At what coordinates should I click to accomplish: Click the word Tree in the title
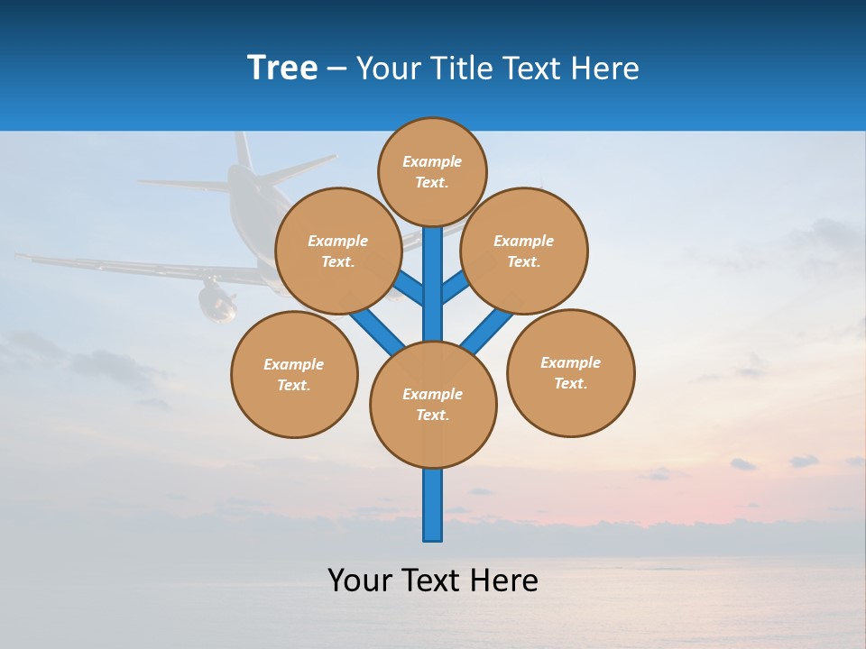pyautogui.click(x=282, y=69)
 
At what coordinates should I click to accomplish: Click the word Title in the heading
pyautogui.click(x=463, y=69)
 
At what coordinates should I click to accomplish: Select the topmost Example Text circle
pyautogui.click(x=432, y=171)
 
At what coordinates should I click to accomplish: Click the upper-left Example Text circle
pyautogui.click(x=338, y=251)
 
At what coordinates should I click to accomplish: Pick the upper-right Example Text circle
pyautogui.click(x=524, y=251)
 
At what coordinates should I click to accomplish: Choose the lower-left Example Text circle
pyautogui.click(x=294, y=374)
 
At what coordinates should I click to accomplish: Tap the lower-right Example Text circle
pyautogui.click(x=571, y=372)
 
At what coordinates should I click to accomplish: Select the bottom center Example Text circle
pyautogui.click(x=433, y=404)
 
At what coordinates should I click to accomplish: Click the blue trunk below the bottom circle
pyautogui.click(x=433, y=505)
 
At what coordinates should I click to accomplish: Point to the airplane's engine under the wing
pyautogui.click(x=216, y=303)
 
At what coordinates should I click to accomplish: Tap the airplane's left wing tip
pyautogui.click(x=23, y=257)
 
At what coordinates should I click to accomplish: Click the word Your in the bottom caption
pyautogui.click(x=359, y=580)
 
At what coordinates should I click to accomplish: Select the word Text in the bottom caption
pyautogui.click(x=432, y=580)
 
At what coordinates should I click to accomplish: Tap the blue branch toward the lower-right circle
pyautogui.click(x=485, y=330)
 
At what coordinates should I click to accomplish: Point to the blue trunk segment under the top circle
pyautogui.click(x=433, y=270)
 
